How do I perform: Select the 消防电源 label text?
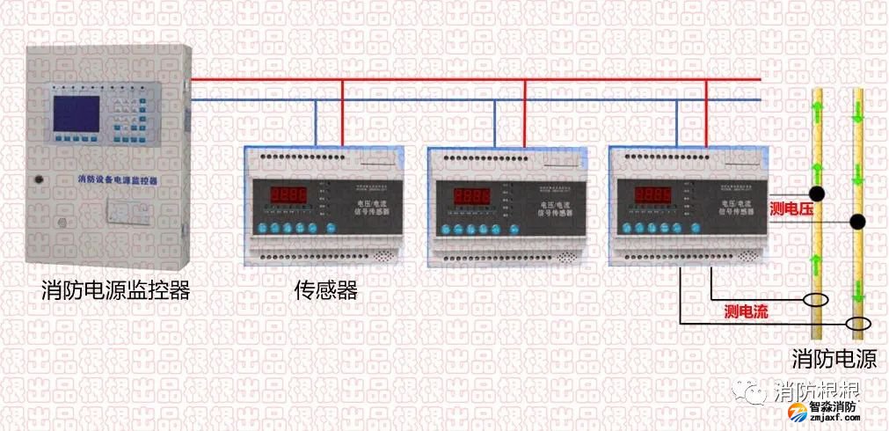click(x=834, y=360)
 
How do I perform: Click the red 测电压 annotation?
click(x=789, y=208)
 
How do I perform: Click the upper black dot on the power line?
click(x=818, y=193)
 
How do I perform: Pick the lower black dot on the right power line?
click(x=858, y=221)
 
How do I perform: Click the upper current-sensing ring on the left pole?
click(x=818, y=299)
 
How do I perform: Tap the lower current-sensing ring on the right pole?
click(x=858, y=325)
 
